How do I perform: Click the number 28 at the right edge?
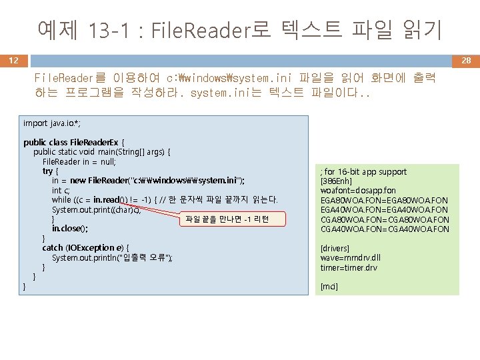466,61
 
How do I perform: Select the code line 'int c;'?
66,190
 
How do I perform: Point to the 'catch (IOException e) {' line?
85,248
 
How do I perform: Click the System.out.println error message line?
112,258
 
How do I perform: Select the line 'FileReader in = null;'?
79,161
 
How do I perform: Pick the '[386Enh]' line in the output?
337,181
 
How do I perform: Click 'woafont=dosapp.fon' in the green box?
358,191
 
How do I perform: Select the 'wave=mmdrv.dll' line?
349,258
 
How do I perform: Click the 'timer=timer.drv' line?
349,267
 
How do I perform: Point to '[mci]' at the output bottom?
329,287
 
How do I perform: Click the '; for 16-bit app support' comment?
363,171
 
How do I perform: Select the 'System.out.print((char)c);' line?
105,209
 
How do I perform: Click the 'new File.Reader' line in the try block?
148,181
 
